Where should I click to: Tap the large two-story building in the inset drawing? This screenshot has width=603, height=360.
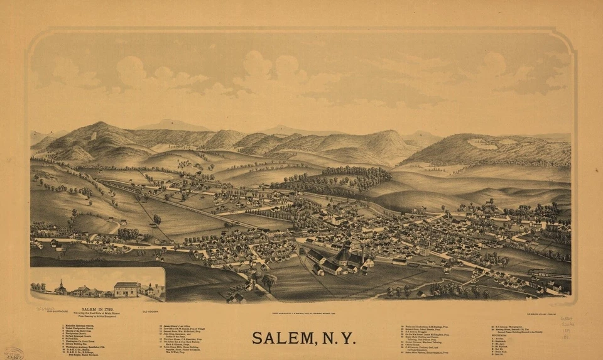tap(127, 290)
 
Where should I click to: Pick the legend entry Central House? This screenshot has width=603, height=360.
tap(415, 345)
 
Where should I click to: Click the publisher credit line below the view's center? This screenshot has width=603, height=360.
tap(301, 312)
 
